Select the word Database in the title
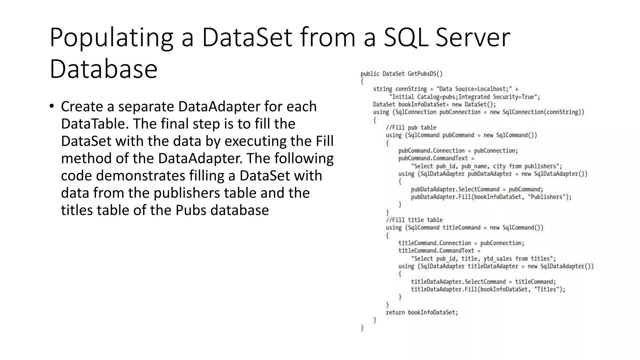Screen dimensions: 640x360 click(103, 69)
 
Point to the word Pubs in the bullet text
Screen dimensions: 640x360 click(191, 210)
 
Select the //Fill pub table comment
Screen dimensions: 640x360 click(411, 127)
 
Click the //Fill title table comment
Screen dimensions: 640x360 click(414, 220)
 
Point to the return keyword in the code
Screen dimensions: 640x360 click(395, 312)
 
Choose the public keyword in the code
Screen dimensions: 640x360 click(370, 74)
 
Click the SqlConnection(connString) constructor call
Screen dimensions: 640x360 click(543, 112)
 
